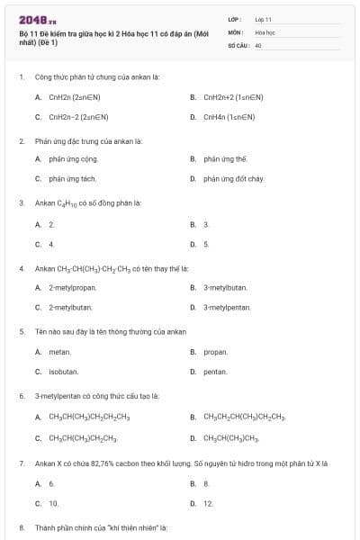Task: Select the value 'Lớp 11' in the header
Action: point(263,19)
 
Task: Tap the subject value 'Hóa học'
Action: point(265,31)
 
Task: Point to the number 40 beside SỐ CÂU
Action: point(258,44)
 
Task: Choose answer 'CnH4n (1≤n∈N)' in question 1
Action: point(229,116)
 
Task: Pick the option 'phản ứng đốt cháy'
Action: point(233,179)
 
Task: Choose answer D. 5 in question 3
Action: point(206,244)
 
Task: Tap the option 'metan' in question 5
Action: point(59,352)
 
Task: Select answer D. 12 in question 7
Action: point(208,503)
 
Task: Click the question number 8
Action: point(21,526)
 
